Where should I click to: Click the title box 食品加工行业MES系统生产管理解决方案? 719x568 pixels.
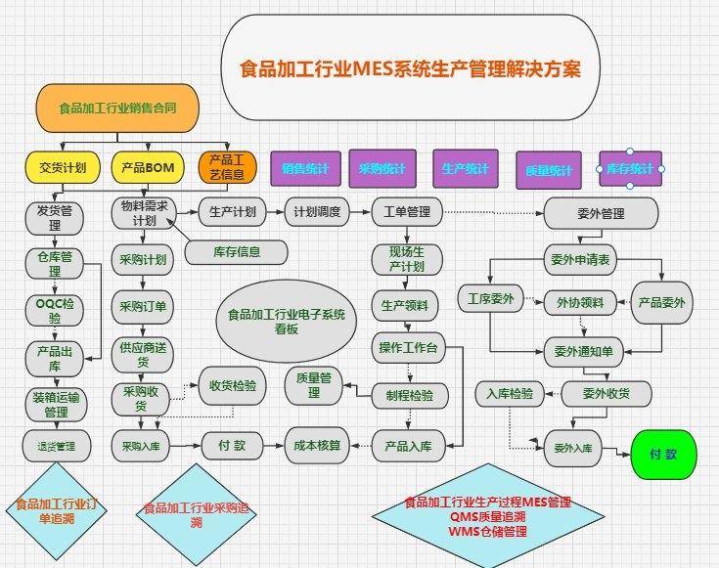tap(410, 70)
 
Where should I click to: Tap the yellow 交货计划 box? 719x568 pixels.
tap(63, 168)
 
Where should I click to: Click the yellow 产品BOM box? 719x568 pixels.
tap(148, 168)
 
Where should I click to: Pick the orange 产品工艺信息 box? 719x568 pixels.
tap(227, 168)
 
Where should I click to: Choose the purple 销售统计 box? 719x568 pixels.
tap(304, 169)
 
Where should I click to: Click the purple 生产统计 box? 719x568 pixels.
tap(465, 169)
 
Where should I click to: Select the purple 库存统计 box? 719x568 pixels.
tap(630, 169)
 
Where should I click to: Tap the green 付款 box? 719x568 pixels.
tap(665, 455)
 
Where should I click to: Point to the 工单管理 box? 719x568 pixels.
tap(407, 212)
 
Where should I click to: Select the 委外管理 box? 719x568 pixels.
tap(598, 213)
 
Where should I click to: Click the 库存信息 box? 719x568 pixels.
tap(237, 251)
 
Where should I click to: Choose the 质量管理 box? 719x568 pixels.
tap(314, 384)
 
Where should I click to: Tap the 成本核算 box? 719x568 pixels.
tap(318, 446)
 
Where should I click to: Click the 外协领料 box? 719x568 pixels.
tap(580, 302)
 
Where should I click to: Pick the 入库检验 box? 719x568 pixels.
tap(510, 394)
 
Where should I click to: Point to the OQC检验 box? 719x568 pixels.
tap(55, 310)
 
